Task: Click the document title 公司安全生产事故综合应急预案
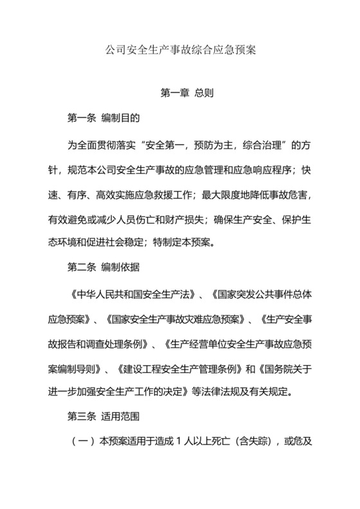coord(180,49)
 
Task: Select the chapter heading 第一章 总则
coord(186,93)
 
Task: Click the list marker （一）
coord(79,444)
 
